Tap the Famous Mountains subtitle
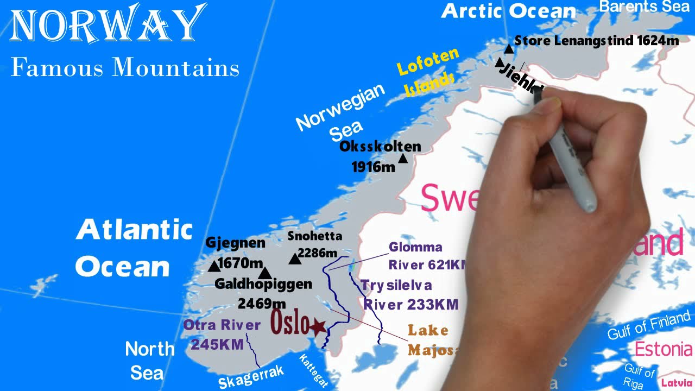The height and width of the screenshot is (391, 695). pos(125,68)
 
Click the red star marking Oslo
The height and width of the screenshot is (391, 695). pos(317,326)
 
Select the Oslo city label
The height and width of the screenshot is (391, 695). pos(290,323)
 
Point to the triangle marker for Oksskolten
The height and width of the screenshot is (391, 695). pos(403,159)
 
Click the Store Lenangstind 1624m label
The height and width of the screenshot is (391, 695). pos(596,41)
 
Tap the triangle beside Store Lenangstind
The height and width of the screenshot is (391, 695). pos(509,49)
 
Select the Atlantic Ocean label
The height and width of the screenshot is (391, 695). pos(134,248)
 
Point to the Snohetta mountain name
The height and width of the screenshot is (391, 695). pos(315,236)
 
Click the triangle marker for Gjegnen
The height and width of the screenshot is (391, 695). pos(213,266)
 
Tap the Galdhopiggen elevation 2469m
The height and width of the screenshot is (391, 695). pos(262,304)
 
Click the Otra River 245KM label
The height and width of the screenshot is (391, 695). pos(222,335)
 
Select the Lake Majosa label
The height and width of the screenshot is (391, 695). pos(430,340)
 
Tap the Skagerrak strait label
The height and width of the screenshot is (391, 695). pos(251,377)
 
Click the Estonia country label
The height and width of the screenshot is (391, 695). pos(663,349)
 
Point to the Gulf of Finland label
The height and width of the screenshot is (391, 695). pos(648,324)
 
